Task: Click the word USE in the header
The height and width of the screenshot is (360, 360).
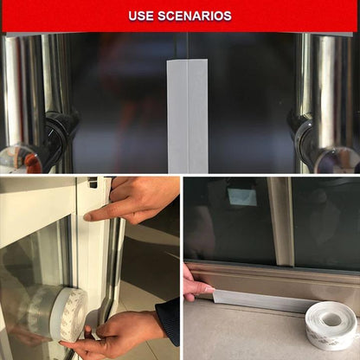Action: coord(142,16)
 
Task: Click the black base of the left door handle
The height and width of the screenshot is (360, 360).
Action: coord(52,138)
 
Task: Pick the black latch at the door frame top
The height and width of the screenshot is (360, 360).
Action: coord(93,183)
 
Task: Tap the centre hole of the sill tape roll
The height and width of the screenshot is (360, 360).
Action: coord(331,320)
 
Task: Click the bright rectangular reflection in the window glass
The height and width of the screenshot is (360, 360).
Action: coord(243,197)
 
